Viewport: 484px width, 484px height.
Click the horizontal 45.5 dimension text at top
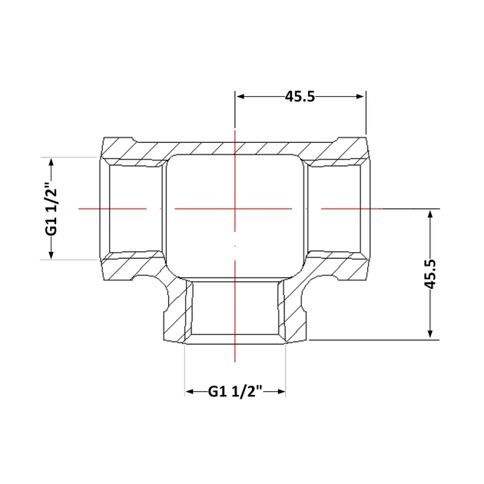pos(300,97)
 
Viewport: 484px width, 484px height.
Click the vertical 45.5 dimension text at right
pos(430,273)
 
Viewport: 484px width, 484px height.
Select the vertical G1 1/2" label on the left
pos(51,209)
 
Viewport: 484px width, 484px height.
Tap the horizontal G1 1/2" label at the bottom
pos(235,392)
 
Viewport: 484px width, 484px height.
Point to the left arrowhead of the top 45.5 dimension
pos(240,97)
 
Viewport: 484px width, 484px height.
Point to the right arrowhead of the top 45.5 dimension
pos(360,97)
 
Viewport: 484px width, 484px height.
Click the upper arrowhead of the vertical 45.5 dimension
pos(430,214)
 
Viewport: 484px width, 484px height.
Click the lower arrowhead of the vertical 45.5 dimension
pos(430,334)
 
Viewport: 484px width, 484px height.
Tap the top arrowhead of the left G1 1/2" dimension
pos(51,162)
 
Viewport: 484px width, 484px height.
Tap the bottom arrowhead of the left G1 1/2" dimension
pos(51,254)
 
